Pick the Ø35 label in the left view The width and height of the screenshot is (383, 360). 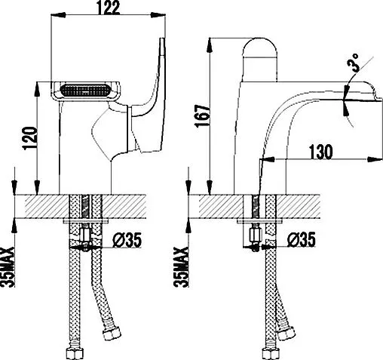point(126,242)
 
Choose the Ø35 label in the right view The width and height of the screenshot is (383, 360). point(302,241)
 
